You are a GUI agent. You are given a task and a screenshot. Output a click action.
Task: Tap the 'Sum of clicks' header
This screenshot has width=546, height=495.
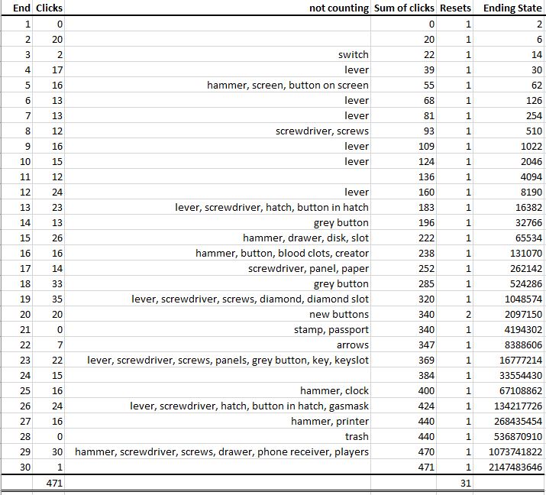point(404,8)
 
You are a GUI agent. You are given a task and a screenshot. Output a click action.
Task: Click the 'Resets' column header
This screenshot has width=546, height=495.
point(455,8)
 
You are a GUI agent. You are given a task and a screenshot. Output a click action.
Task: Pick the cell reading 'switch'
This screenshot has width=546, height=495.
point(353,54)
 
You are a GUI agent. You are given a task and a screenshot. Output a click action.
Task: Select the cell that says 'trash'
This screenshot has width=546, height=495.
point(357,436)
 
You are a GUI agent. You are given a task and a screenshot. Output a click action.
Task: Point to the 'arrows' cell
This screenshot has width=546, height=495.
point(352,345)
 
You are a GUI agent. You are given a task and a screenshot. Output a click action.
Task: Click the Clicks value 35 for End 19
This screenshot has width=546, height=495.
point(57,299)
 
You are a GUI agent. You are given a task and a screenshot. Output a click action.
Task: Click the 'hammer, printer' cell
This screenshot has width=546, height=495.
point(329,421)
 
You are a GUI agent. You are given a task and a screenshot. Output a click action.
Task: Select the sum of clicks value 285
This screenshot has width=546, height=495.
point(426,283)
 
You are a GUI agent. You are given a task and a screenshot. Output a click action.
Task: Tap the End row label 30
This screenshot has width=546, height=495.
point(24,467)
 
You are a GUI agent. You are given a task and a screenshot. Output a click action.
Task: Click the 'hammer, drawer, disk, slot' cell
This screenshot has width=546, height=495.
point(305,238)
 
